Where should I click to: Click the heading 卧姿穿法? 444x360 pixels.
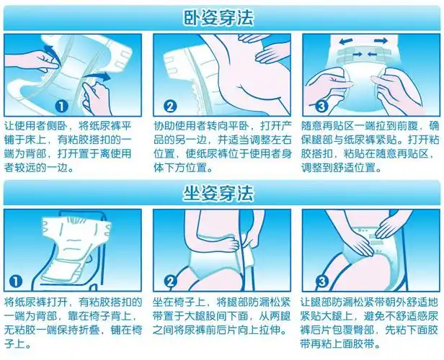(221, 17)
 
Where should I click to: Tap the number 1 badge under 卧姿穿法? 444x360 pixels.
(61, 107)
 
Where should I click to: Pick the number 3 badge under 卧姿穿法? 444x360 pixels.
(321, 107)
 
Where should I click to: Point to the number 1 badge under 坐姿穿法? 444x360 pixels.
(17, 280)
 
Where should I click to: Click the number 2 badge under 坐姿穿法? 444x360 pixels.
(171, 281)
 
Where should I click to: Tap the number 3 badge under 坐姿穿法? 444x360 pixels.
(321, 280)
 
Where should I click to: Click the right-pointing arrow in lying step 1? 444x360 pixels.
(102, 75)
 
